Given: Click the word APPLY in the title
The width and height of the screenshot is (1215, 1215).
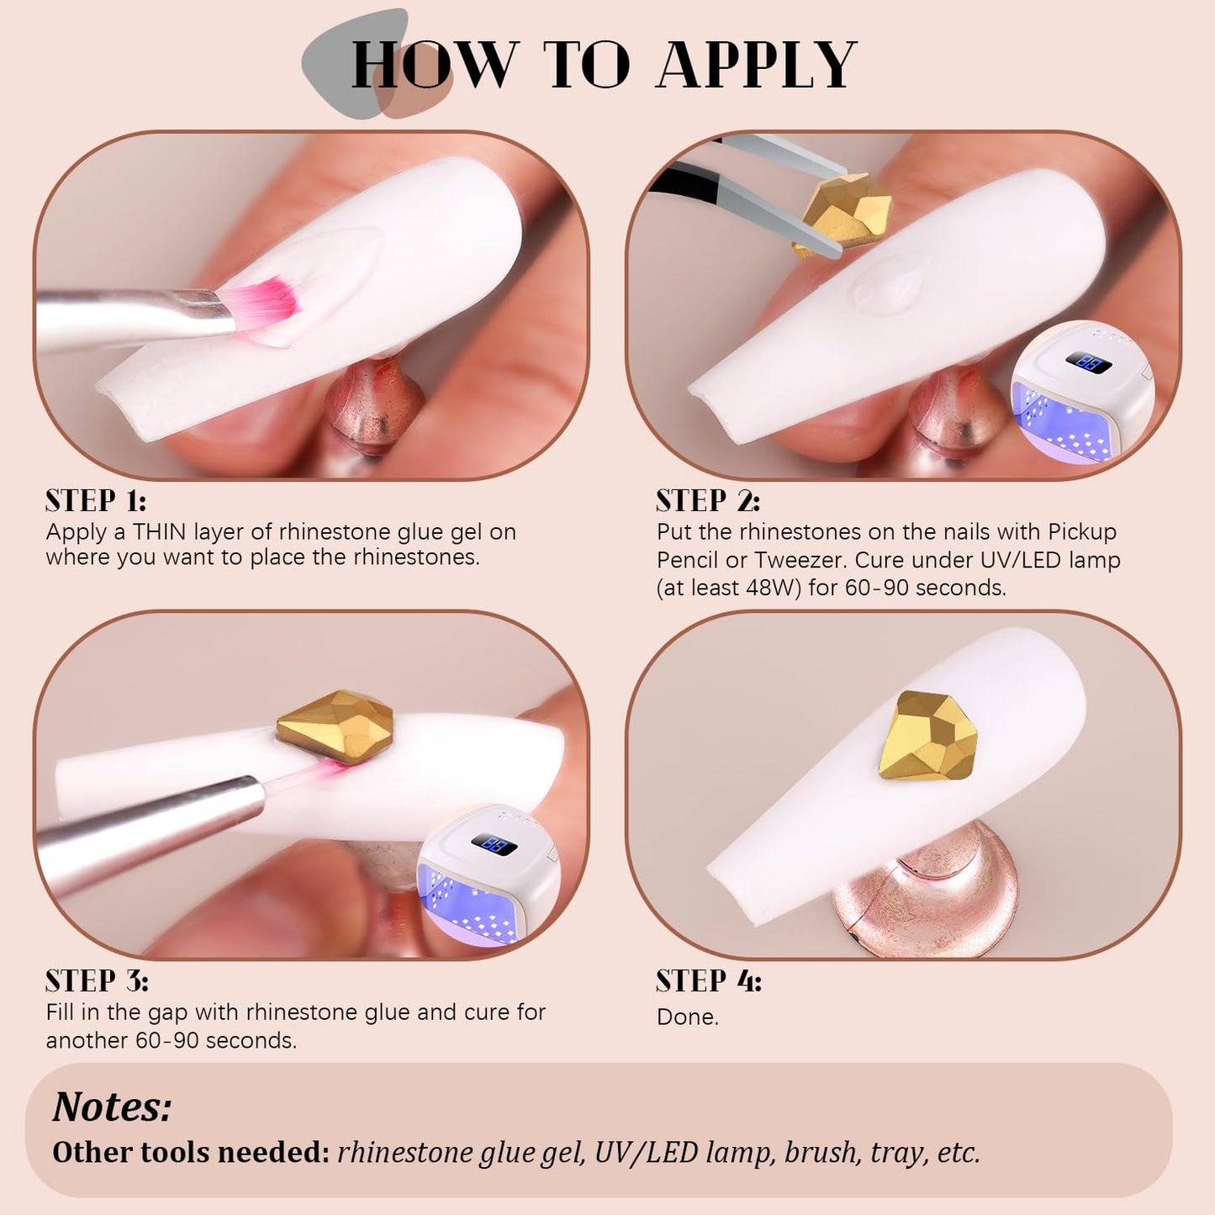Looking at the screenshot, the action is [x=757, y=65].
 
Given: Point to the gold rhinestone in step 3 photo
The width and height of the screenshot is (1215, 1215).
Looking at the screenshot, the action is [x=335, y=726].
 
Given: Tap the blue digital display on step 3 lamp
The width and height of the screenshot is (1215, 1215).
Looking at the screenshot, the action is [x=494, y=844].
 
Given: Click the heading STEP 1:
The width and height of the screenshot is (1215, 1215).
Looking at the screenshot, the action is [x=96, y=501].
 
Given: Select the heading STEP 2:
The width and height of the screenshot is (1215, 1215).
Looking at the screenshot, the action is [x=708, y=501].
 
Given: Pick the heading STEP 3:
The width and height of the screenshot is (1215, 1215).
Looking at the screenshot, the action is [x=97, y=982].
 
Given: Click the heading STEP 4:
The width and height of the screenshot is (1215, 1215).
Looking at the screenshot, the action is [x=710, y=982].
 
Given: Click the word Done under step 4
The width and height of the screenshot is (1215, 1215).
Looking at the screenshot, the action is [x=688, y=1017].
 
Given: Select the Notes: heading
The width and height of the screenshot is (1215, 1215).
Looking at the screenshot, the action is [x=112, y=1106].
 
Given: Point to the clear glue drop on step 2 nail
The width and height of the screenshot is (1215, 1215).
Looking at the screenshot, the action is [x=887, y=283].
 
